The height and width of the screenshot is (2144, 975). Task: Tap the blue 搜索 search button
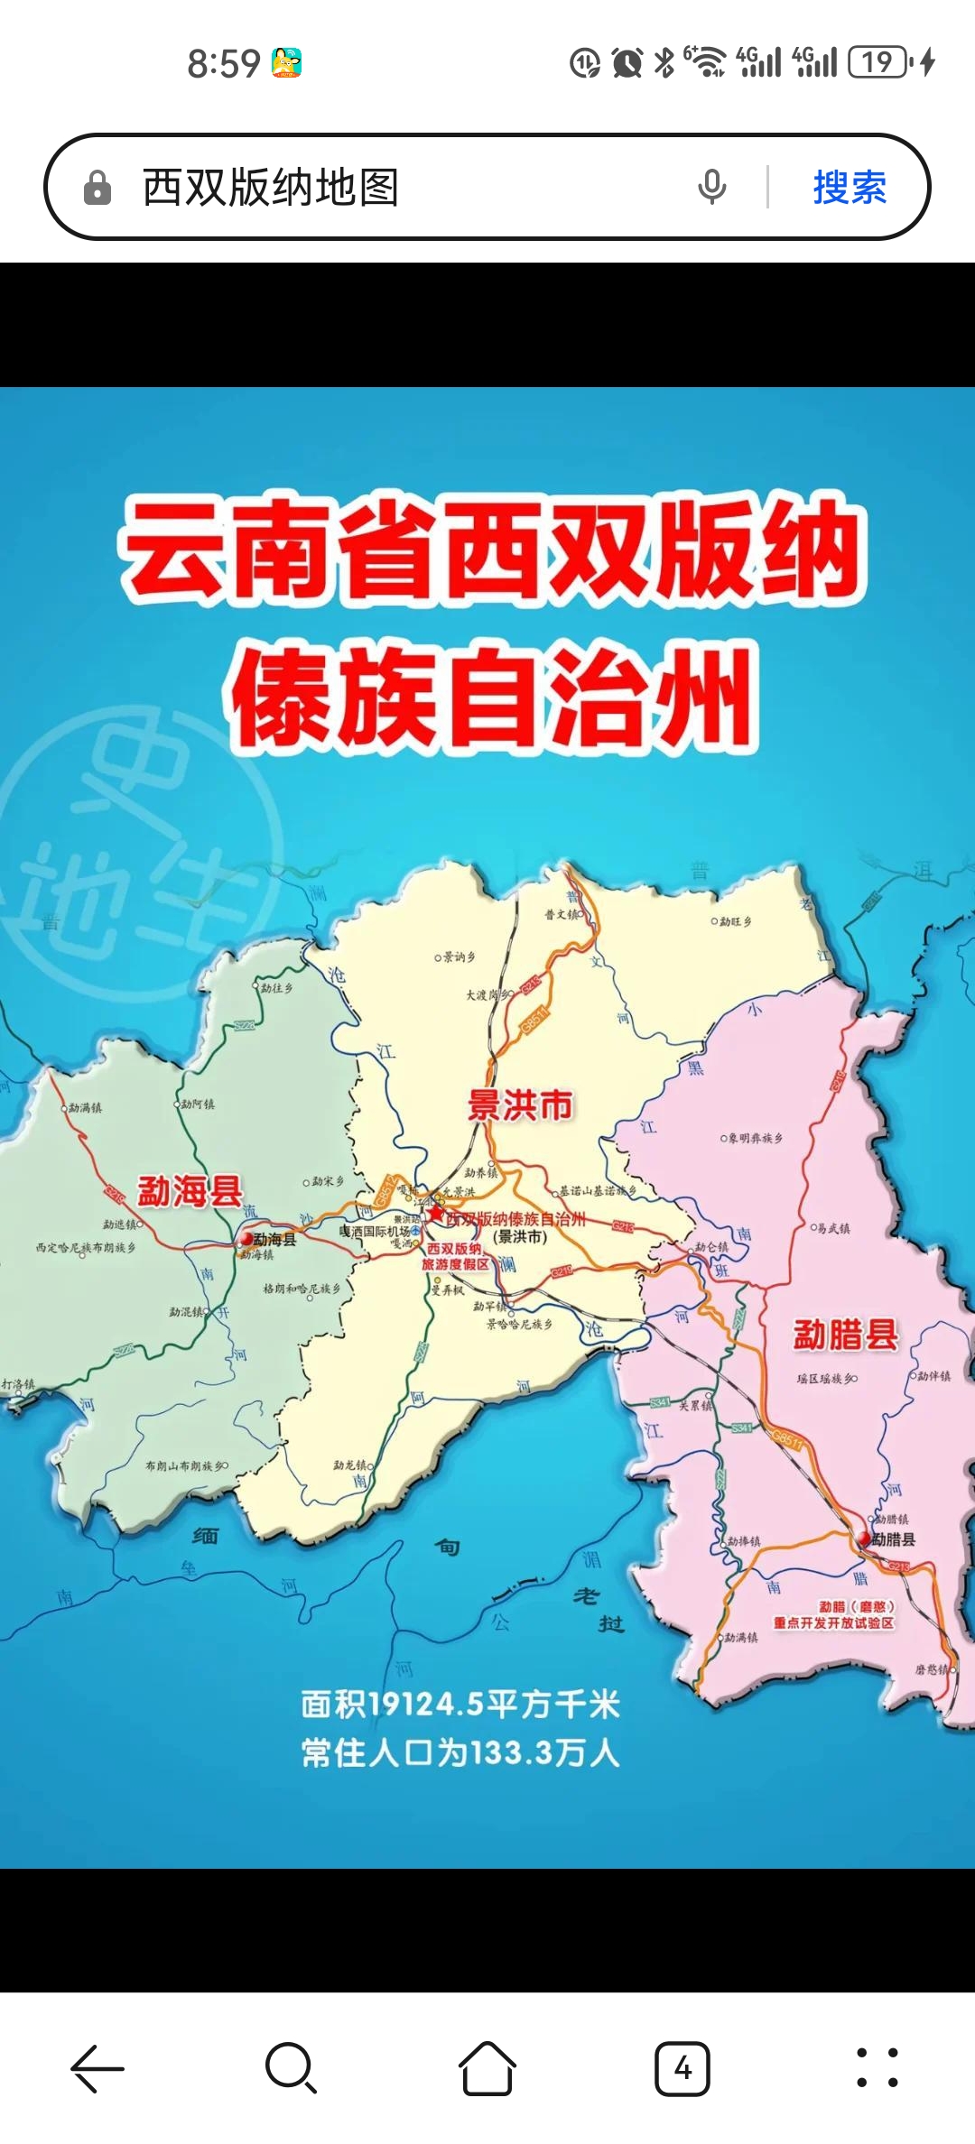849,188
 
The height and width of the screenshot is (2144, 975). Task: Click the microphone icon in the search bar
711,188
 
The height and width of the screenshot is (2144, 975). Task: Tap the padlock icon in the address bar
97,189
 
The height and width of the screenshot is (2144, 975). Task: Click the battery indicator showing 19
878,62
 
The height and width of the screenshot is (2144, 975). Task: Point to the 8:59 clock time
223,64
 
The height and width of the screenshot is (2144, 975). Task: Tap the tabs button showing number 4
682,2067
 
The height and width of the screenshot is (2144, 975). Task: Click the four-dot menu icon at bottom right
877,2067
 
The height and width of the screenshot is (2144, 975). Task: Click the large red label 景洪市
520,1104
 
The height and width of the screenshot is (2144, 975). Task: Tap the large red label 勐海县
190,1191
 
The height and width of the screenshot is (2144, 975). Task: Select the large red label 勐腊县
845,1334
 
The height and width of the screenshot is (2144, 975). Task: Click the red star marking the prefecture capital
436,1214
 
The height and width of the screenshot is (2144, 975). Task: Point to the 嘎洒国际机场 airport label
375,1231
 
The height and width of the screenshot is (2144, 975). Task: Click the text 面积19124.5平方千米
460,1705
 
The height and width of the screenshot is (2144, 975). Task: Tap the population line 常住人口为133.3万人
460,1753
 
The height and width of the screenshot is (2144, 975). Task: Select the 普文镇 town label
562,914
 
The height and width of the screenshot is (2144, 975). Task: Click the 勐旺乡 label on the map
734,921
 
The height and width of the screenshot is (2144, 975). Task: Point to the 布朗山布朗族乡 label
185,1466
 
